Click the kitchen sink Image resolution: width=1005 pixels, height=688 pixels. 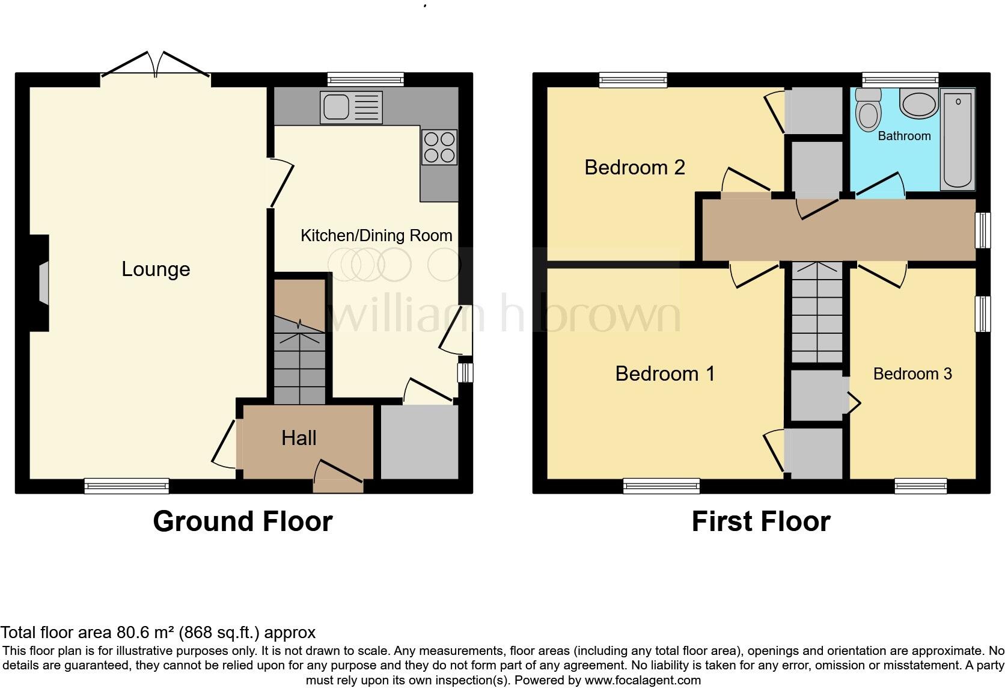coord(351,107)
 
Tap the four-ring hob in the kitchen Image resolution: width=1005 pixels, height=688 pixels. coord(439,147)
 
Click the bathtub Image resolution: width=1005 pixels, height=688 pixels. coord(958,138)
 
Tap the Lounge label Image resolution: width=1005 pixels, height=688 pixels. coord(156,269)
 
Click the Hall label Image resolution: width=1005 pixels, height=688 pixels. coord(299,438)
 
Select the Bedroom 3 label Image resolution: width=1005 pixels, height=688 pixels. coord(912,373)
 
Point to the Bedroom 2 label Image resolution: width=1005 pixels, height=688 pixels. coord(634,167)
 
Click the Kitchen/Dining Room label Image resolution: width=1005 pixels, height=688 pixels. coord(376,235)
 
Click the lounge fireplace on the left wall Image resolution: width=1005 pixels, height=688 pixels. coord(41,283)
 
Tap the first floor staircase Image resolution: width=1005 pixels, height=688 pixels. coord(816,313)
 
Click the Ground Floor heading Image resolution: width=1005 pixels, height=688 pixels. coord(242,521)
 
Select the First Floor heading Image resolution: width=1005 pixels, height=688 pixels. coord(760,521)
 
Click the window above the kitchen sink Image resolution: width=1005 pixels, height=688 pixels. coord(365,79)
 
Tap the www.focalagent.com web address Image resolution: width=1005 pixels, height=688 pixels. coord(643,680)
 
